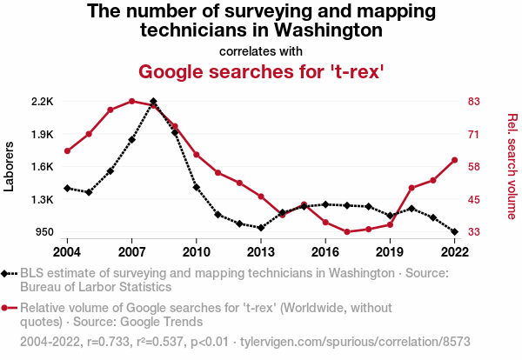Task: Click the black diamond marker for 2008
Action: click(153, 102)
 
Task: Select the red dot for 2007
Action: click(132, 101)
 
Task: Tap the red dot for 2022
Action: click(454, 160)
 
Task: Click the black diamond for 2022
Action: click(454, 232)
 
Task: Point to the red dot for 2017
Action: click(347, 232)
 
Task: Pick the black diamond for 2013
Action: click(261, 228)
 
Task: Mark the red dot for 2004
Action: click(68, 151)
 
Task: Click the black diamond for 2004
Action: click(68, 188)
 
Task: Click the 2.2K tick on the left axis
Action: click(42, 102)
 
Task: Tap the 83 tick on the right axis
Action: click(475, 102)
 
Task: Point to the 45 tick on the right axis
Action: click(475, 200)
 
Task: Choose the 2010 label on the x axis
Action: click(197, 252)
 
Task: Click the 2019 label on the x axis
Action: click(390, 252)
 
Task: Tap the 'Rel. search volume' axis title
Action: click(512, 167)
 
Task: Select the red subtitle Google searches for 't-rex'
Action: click(261, 70)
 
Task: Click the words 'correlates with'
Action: click(261, 50)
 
